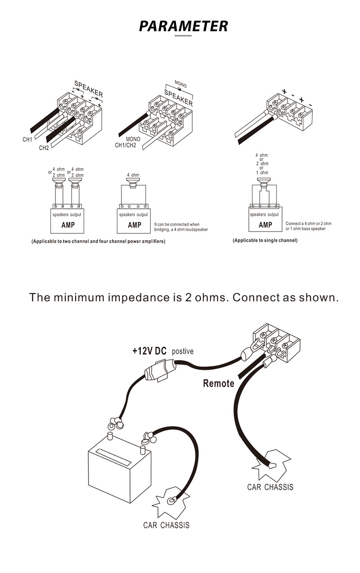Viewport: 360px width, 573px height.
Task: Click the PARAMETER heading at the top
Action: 183,26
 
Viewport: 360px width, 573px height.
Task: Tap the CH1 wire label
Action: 27,139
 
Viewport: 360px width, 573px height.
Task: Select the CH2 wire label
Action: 44,148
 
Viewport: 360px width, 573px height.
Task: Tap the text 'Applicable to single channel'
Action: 265,241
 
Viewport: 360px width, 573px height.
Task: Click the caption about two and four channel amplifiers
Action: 98,242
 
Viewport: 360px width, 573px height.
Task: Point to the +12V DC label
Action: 149,350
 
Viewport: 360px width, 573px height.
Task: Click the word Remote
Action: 219,383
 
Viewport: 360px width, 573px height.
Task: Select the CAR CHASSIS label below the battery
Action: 166,525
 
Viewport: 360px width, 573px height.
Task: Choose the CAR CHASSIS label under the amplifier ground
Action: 270,487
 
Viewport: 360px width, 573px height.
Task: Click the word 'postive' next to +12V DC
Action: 183,351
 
